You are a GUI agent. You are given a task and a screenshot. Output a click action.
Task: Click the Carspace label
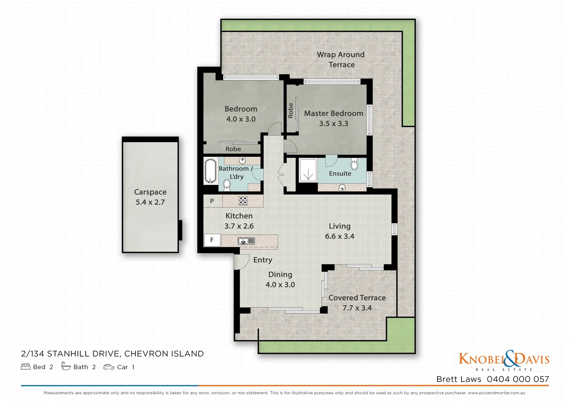point(150,192)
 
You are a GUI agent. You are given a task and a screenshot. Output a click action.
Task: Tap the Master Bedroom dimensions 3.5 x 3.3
point(333,124)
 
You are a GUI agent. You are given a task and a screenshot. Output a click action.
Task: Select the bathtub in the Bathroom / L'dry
point(210,171)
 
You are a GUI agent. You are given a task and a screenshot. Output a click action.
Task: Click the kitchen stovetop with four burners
point(243,201)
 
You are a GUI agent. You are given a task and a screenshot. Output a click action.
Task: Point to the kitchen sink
point(246,241)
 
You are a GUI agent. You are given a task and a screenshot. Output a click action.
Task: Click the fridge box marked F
point(212,240)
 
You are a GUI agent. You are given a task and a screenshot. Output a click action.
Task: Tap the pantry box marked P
point(212,201)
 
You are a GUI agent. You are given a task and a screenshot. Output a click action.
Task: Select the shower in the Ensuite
point(308,171)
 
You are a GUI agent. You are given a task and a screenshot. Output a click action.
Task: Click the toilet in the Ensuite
point(354,164)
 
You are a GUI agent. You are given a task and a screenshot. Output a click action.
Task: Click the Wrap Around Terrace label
point(341,60)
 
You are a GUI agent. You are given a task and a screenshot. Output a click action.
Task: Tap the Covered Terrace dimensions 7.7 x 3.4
point(357,308)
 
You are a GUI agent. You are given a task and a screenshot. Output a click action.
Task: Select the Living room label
point(339,226)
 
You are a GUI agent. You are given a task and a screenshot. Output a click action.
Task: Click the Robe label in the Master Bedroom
point(290,111)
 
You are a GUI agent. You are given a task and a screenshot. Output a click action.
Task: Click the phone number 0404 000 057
point(518,379)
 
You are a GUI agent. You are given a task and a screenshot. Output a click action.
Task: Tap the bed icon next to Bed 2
point(26,367)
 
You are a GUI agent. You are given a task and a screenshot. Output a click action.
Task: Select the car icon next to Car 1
point(109,367)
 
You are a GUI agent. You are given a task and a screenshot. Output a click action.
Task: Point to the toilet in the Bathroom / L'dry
point(226,184)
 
